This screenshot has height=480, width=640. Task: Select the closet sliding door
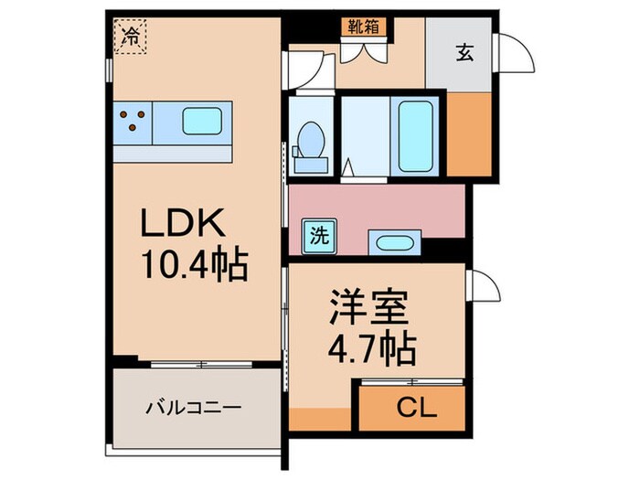411,381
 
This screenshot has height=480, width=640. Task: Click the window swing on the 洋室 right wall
483,285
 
